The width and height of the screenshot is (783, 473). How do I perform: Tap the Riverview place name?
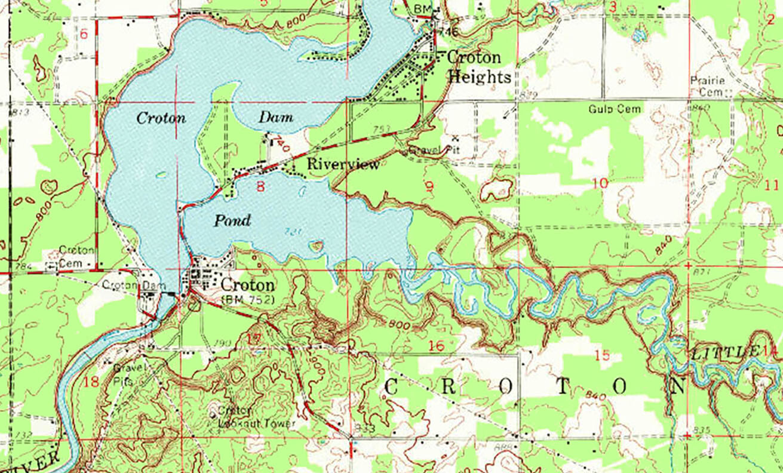point(343,164)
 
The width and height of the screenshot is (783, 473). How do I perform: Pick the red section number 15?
point(602,356)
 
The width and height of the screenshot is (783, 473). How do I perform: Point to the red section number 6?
point(84,35)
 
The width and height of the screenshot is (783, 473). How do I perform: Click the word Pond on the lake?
point(232,221)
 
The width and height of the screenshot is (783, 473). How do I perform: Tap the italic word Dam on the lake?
point(275,118)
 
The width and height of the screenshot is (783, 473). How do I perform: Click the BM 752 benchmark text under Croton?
point(247,299)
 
